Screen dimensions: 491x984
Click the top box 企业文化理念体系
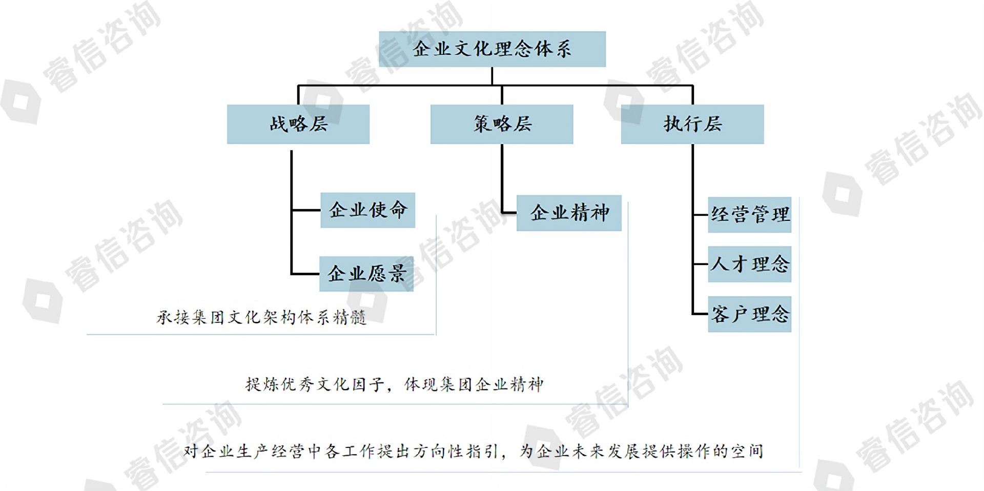[x=492, y=49]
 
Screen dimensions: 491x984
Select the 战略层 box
[x=298, y=124]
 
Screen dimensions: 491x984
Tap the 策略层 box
[x=502, y=124]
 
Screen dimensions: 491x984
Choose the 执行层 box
[x=692, y=124]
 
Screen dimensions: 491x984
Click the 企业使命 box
[x=367, y=210]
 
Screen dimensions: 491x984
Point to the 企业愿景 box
[x=366, y=274]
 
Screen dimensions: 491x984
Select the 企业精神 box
[x=569, y=213]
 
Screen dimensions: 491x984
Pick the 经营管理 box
[x=749, y=215]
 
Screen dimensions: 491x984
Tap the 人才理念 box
[x=749, y=264]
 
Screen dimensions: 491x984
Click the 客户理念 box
[x=749, y=314]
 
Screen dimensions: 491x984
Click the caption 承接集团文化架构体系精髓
[x=261, y=318]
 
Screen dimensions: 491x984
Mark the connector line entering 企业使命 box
[x=306, y=210]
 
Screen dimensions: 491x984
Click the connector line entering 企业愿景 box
[x=305, y=274]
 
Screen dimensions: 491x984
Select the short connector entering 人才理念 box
[x=700, y=264]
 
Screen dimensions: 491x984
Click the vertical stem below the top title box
[x=492, y=76]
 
